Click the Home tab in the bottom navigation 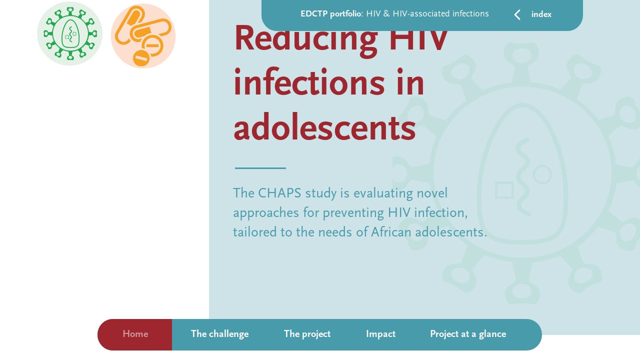click(x=135, y=334)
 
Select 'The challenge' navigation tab click(x=219, y=334)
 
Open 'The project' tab click(x=307, y=334)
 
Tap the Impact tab click(x=380, y=334)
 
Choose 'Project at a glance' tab click(x=467, y=334)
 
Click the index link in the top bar click(x=541, y=14)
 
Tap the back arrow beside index click(x=517, y=15)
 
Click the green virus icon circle click(x=69, y=33)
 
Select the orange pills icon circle click(x=143, y=36)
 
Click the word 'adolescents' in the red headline click(x=324, y=128)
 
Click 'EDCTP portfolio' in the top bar click(x=330, y=14)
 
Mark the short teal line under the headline click(x=260, y=168)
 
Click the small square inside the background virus click(x=504, y=190)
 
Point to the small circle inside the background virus click(x=542, y=175)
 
